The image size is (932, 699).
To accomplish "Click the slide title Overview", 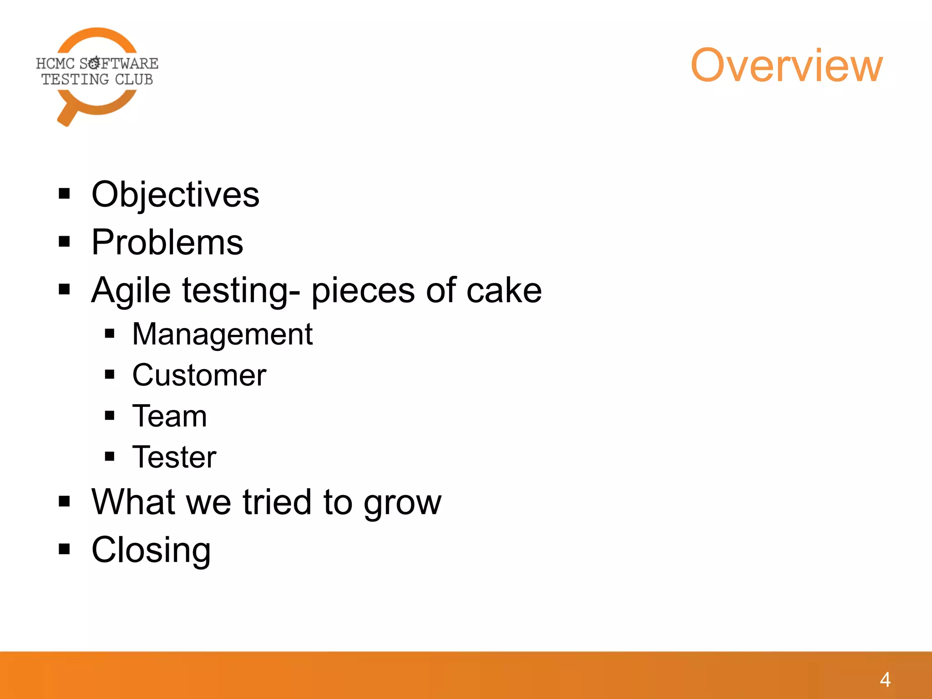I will tap(786, 66).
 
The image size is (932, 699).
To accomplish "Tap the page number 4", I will tap(885, 680).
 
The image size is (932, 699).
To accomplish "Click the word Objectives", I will tap(175, 195).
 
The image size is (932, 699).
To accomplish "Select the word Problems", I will tap(167, 242).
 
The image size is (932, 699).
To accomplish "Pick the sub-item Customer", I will tap(199, 375).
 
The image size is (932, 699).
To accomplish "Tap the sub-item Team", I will tap(169, 416).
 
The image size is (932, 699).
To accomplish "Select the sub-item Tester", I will tap(174, 457).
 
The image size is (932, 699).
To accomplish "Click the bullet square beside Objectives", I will tap(65, 194).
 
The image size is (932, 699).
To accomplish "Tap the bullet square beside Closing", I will tap(65, 549).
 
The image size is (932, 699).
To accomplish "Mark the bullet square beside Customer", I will tap(110, 375).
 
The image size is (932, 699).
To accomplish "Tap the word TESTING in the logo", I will tap(75, 80).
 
